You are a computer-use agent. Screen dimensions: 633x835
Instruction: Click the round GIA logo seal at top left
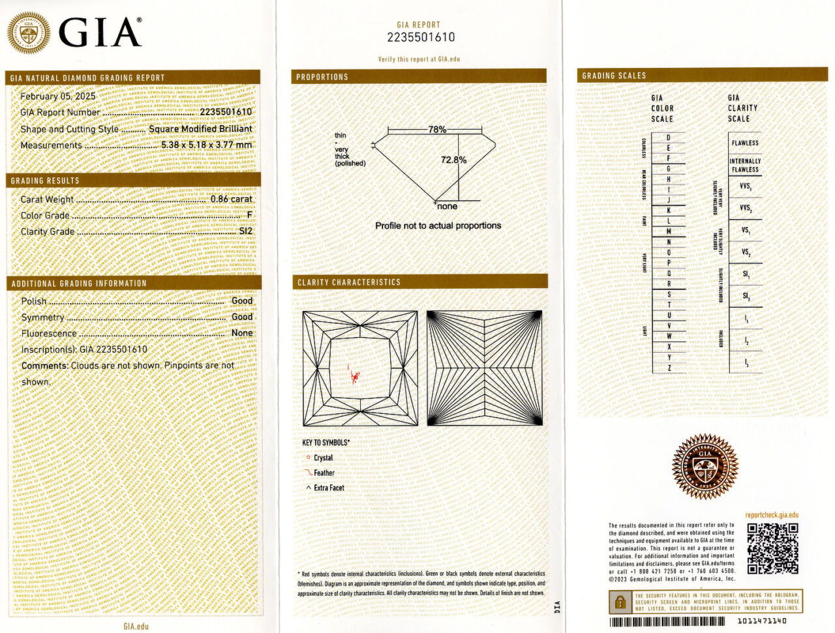28,33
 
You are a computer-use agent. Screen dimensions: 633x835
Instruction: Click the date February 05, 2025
57,96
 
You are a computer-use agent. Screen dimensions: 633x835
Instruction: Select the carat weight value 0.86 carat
231,199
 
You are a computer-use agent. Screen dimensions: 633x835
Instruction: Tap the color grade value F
249,215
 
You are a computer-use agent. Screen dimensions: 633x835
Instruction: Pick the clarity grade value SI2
245,231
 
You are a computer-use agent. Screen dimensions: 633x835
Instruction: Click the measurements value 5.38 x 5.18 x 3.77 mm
206,145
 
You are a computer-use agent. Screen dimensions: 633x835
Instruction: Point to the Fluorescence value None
242,332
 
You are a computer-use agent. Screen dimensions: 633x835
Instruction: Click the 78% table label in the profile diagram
437,130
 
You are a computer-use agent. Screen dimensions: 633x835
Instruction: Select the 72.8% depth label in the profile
453,160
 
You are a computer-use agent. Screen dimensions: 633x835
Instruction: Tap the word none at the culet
447,207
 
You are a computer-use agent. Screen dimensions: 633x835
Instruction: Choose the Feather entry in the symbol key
324,473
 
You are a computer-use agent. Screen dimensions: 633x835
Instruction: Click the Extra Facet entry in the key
328,488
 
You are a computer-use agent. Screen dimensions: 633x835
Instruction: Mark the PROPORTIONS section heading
322,77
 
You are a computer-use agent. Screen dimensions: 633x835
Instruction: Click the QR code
772,548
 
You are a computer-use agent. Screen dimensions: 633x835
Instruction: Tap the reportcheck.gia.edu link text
772,515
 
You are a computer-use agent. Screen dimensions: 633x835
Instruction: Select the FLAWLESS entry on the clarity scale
745,143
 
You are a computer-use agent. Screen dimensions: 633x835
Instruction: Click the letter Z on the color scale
669,368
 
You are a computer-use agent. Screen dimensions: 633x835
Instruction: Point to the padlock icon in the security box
620,602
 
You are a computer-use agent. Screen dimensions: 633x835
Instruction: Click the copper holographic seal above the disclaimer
705,466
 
